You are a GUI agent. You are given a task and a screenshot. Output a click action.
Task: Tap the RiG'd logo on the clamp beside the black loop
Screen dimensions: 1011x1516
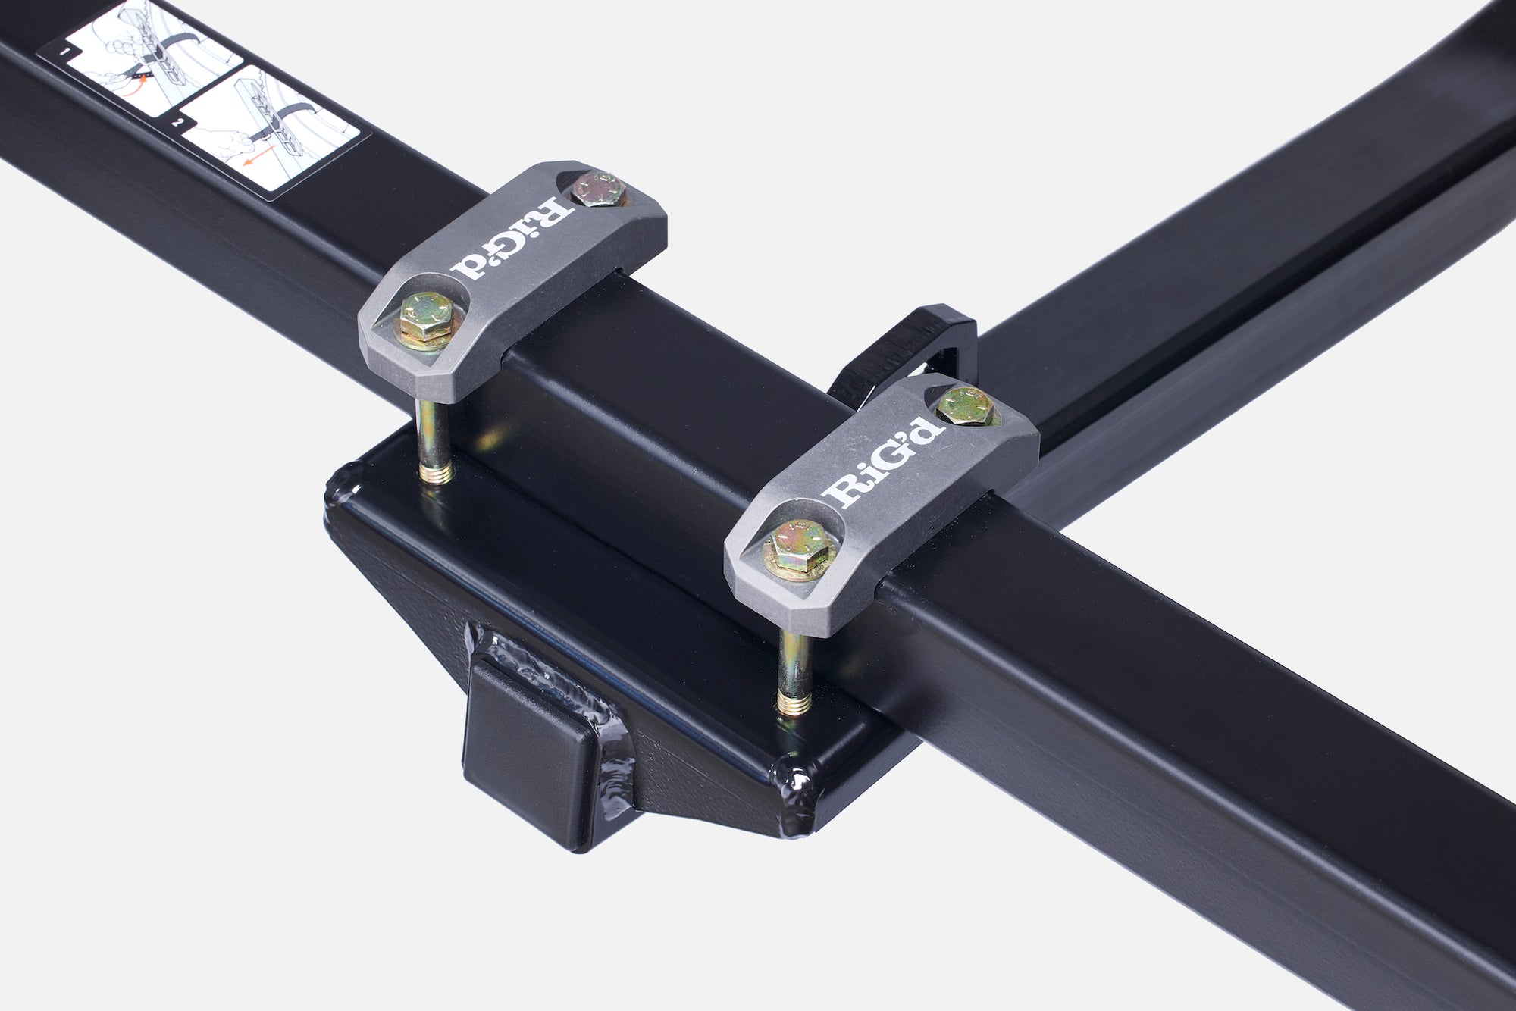click(x=884, y=462)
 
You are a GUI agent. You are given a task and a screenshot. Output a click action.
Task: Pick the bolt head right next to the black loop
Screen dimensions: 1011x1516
click(x=960, y=405)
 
